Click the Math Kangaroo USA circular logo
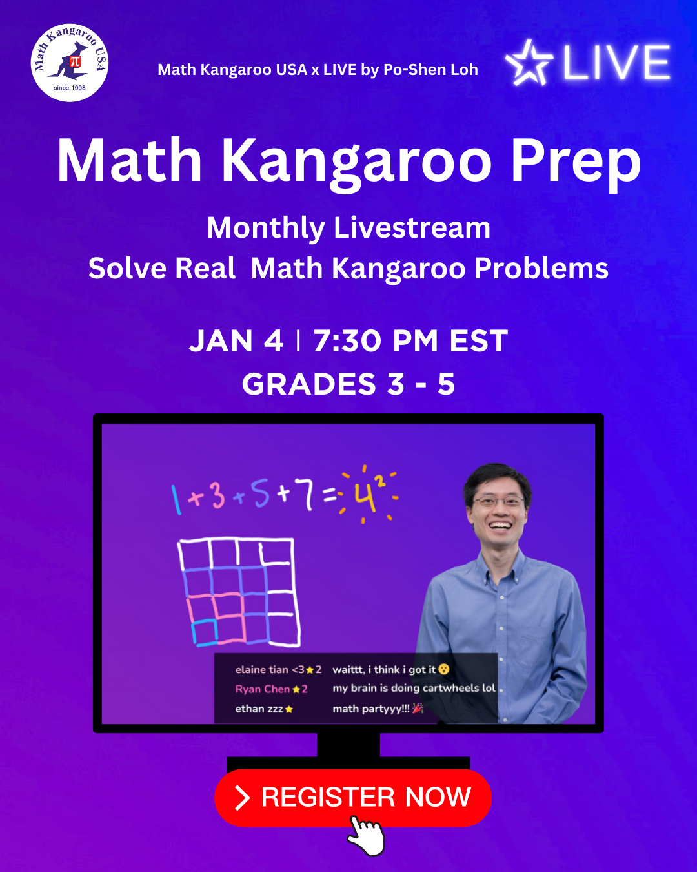pos(70,63)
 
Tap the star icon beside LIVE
pos(529,63)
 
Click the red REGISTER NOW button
pos(353,798)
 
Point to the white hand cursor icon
pos(366,836)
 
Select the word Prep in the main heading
pos(576,162)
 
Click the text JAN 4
pos(236,341)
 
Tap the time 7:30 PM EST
pos(410,341)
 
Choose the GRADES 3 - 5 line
pos(348,384)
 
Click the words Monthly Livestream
pos(348,229)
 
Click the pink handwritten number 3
pos(218,494)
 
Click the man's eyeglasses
pos(499,502)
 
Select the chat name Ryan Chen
pos(263,689)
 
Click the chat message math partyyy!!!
pos(370,709)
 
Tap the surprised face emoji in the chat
pos(444,669)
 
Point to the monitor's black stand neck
pos(348,745)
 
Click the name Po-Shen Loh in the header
pos(430,70)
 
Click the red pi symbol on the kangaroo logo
pos(75,61)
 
